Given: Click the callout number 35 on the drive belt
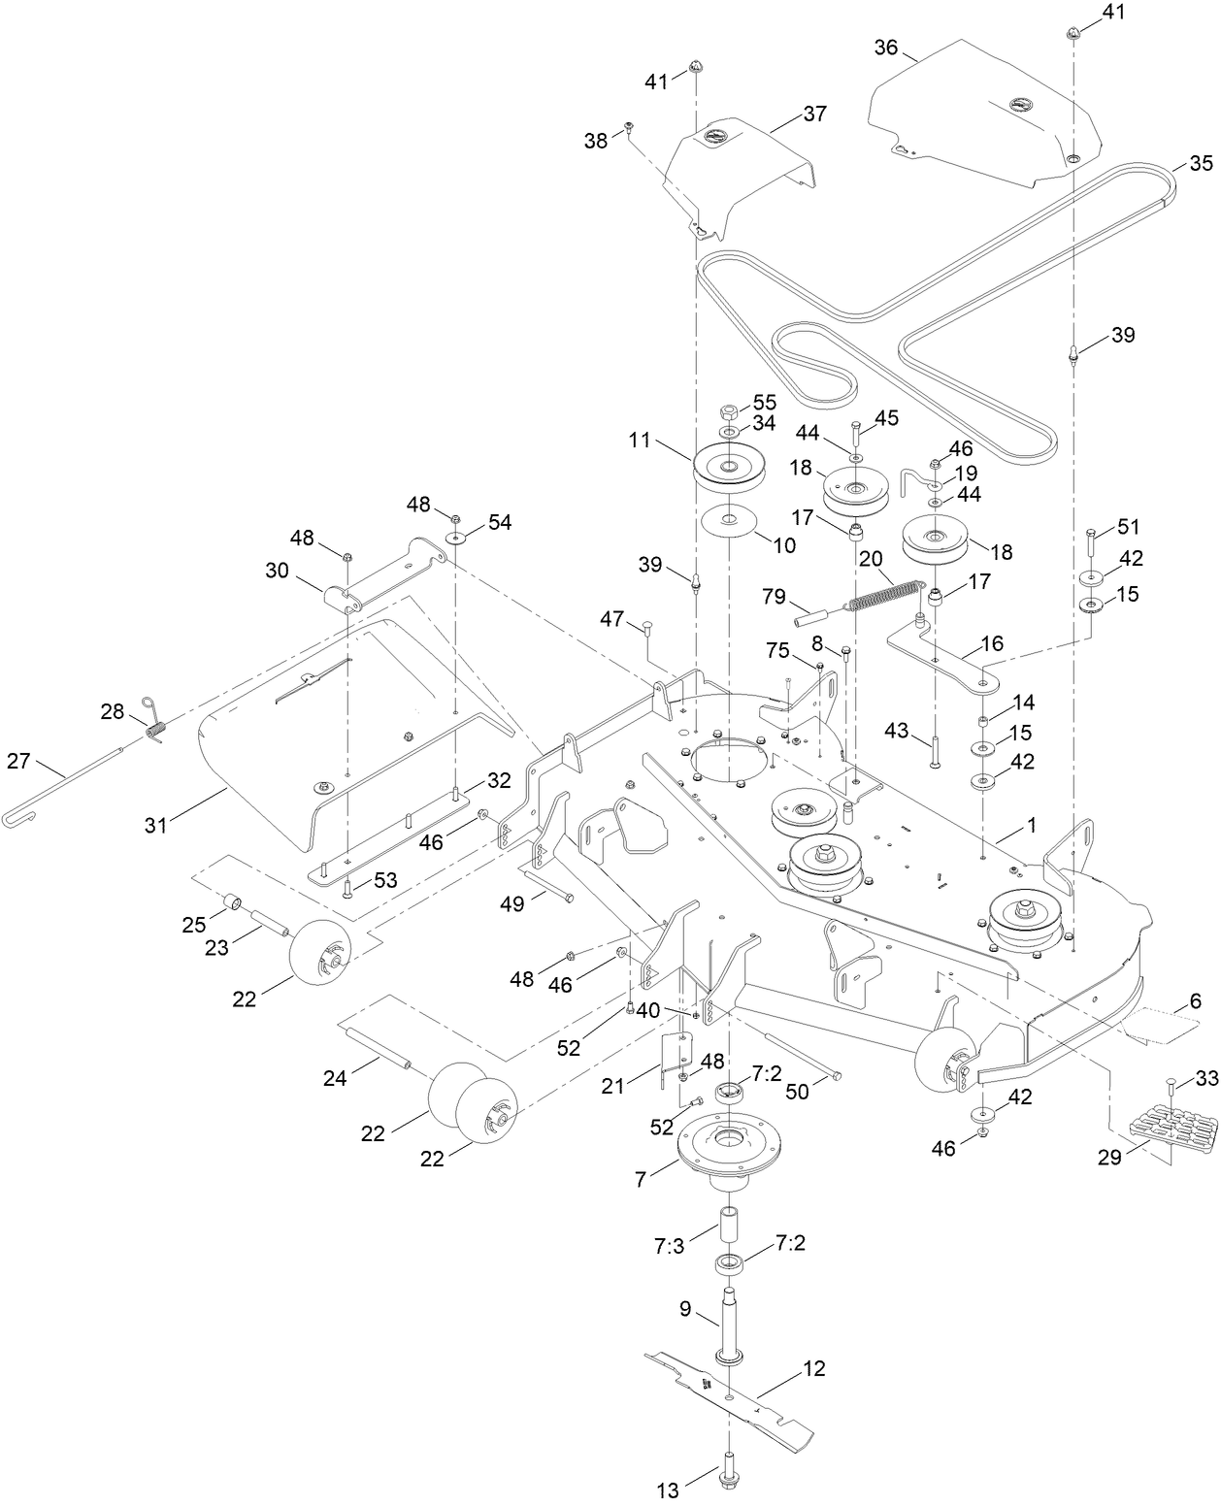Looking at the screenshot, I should point(1201,163).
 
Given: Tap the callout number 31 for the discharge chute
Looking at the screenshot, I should point(155,826).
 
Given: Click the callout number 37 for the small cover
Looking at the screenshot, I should point(814,114).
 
